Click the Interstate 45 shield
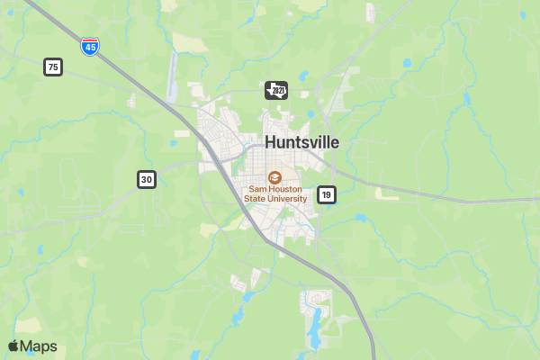89,47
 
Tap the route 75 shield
53,67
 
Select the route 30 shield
147,180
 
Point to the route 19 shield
326,194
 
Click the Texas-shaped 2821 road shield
276,91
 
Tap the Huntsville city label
301,142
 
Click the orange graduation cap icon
275,177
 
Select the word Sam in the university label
259,190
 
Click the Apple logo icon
13,346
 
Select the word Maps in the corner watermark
38,346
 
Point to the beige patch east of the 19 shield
387,193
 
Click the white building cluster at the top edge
370,12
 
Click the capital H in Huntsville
271,142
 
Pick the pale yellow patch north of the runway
189,41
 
